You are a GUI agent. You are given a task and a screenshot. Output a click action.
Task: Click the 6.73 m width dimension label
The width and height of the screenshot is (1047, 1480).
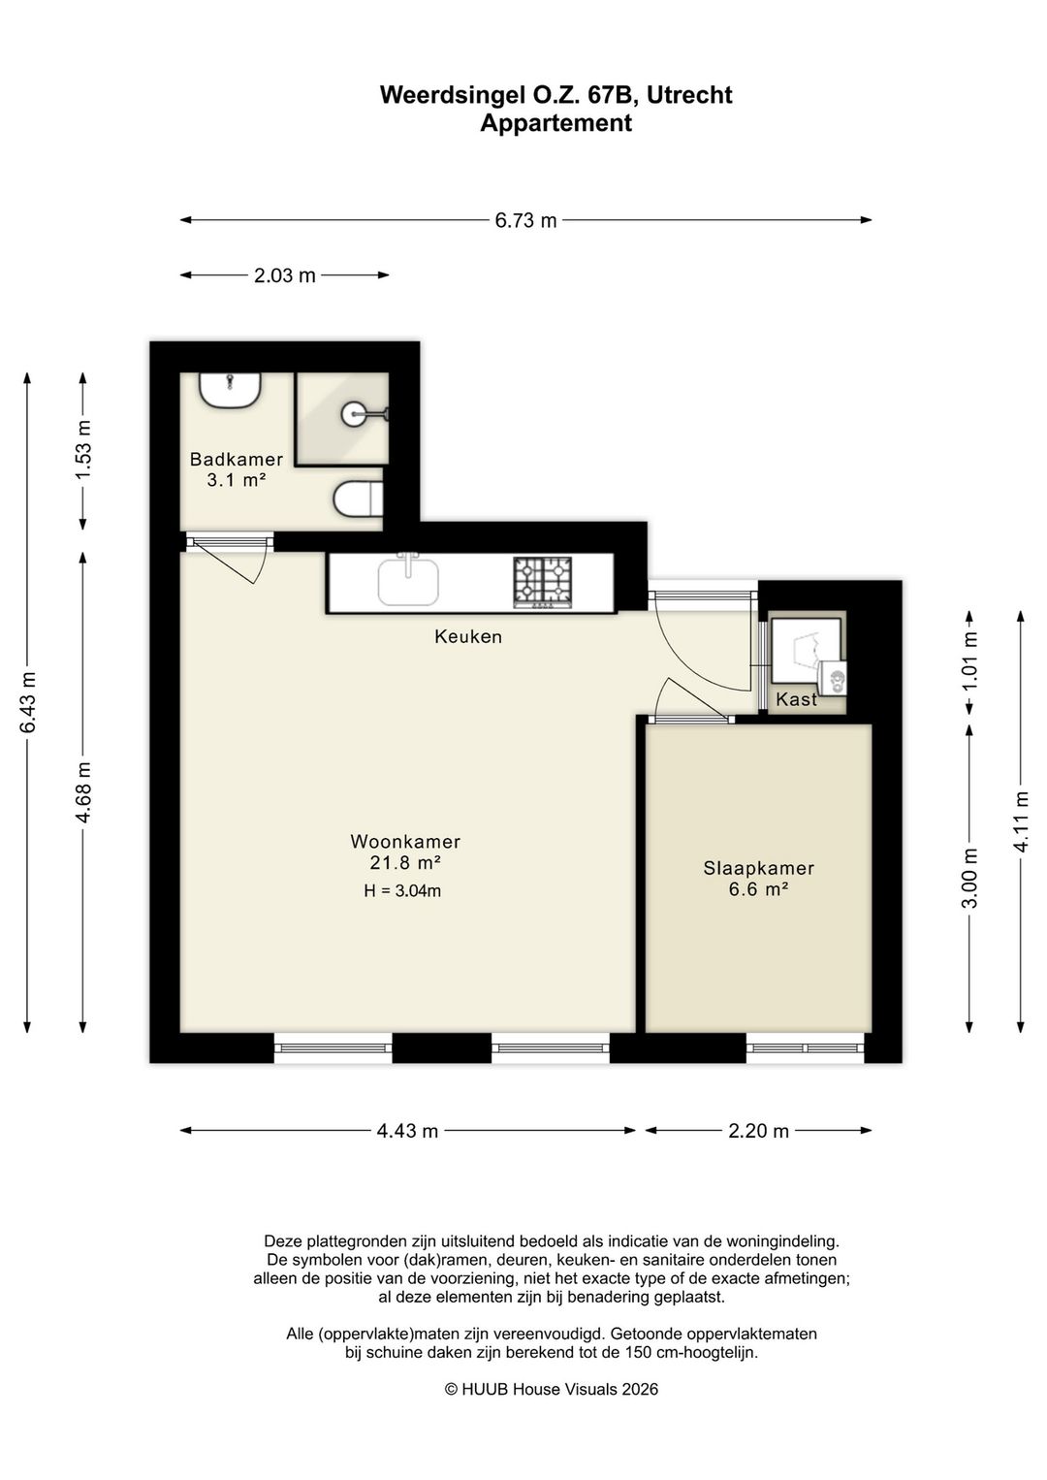click(x=525, y=220)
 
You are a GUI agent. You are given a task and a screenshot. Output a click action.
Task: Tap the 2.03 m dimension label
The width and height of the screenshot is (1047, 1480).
click(x=285, y=274)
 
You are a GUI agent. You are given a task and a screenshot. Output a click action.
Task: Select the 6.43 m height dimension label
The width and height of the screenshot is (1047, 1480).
click(x=28, y=701)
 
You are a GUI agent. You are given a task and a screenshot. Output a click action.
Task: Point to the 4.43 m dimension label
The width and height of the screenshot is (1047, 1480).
click(x=407, y=1131)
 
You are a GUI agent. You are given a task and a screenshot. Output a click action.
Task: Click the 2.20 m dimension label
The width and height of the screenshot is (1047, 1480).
click(x=758, y=1131)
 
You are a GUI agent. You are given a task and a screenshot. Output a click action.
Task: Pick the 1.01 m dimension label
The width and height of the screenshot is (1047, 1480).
click(x=969, y=660)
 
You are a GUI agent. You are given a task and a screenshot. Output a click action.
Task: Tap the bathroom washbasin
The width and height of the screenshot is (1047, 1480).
click(x=230, y=390)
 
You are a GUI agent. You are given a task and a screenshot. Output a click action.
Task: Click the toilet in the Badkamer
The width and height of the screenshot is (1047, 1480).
click(x=358, y=499)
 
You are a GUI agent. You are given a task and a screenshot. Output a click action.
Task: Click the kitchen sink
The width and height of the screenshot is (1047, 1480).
click(x=408, y=582)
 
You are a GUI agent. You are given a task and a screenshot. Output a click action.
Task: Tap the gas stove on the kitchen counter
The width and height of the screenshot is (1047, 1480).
click(x=542, y=582)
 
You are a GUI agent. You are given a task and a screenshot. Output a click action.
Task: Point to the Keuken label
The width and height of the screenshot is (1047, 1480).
click(x=468, y=637)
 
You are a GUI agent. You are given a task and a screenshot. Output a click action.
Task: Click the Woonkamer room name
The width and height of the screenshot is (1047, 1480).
click(x=405, y=841)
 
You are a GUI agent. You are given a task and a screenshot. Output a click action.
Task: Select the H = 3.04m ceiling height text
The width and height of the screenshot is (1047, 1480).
click(x=402, y=890)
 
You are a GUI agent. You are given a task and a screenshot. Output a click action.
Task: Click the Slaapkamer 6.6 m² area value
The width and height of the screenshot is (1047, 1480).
click(x=758, y=889)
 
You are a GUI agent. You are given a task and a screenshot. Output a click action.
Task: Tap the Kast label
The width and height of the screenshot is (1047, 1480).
click(x=796, y=699)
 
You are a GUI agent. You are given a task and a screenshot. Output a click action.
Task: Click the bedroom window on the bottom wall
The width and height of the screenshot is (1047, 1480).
click(x=806, y=1048)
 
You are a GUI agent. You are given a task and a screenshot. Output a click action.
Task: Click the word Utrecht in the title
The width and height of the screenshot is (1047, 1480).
click(x=689, y=95)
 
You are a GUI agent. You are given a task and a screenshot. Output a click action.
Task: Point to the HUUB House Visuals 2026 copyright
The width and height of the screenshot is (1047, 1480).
click(x=552, y=1390)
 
